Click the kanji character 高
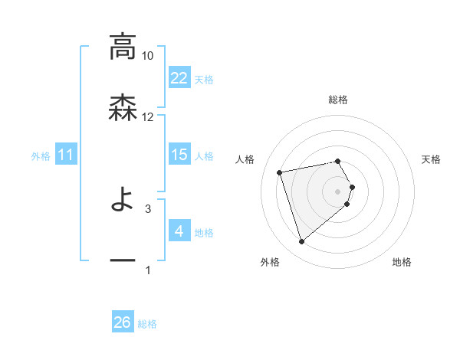[x=123, y=47]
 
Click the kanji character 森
[x=123, y=107]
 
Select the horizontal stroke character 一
[x=123, y=260]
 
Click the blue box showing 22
[x=179, y=78]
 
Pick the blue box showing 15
[x=179, y=155]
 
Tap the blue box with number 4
[x=179, y=231]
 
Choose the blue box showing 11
[x=66, y=155]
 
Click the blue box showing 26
[x=123, y=323]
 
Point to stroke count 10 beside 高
[x=148, y=56]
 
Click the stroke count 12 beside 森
[x=148, y=117]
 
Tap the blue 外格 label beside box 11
[x=41, y=156]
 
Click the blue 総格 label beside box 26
[x=147, y=324]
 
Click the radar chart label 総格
[x=338, y=100]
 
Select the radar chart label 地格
[x=402, y=263]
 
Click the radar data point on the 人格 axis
[x=280, y=172]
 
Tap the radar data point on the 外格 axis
[x=302, y=242]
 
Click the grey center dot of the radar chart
[x=338, y=191]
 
